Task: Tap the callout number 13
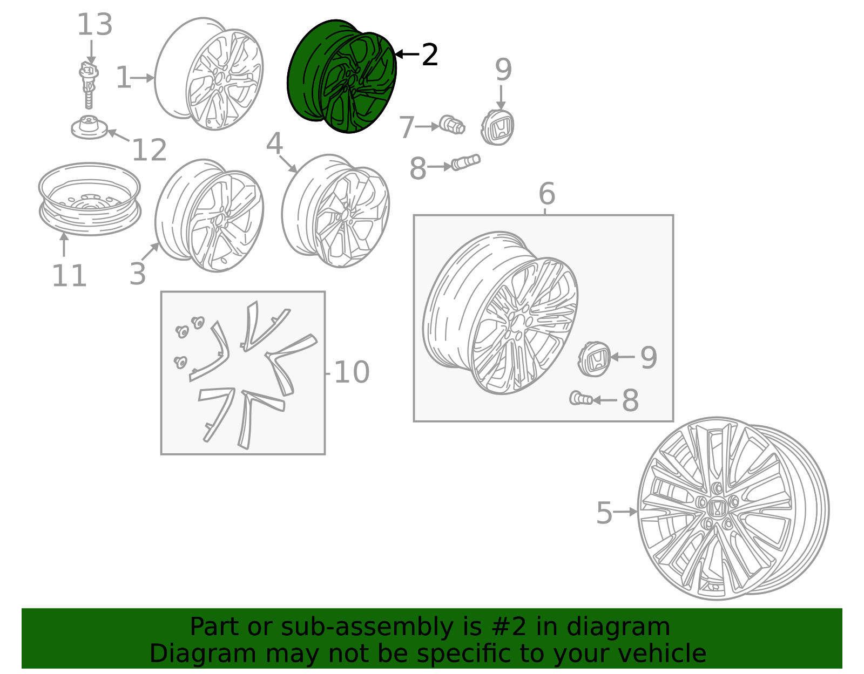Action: tap(94, 25)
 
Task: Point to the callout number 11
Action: tap(69, 276)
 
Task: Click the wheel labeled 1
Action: tap(209, 74)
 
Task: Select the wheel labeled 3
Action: tap(209, 215)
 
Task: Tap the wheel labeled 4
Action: tap(335, 211)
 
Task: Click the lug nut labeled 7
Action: tap(451, 125)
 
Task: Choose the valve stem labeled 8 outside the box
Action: tap(465, 162)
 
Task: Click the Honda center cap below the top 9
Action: tap(497, 127)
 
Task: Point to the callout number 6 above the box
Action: tap(546, 193)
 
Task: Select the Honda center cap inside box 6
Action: tap(594, 359)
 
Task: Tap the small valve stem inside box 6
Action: tap(581, 399)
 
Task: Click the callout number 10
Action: tap(352, 372)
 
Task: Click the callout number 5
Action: tap(604, 513)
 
